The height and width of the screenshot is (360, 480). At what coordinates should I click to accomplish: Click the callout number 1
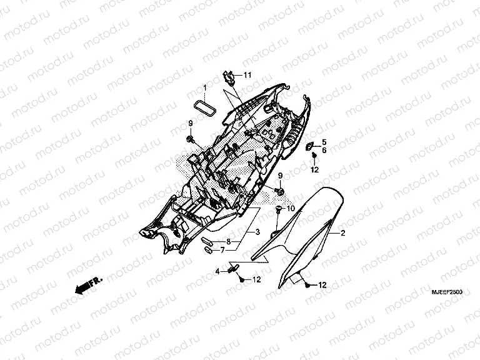coord(203,86)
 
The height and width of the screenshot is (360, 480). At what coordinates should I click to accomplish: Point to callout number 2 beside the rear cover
coord(342,232)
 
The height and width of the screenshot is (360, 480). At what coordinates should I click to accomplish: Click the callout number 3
coord(257,232)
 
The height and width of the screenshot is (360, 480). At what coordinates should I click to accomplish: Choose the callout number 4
coord(217,271)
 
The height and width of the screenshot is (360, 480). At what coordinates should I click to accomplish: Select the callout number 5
coord(324,143)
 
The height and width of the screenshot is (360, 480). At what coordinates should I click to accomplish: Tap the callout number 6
coord(324,151)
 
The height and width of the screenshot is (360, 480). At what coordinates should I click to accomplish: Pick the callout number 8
coord(229,241)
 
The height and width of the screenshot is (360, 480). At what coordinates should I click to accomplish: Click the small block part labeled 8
coord(208,241)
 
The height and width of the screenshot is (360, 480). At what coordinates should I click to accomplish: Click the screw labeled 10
coord(277,210)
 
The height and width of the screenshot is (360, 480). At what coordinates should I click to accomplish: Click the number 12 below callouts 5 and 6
coord(314,170)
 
